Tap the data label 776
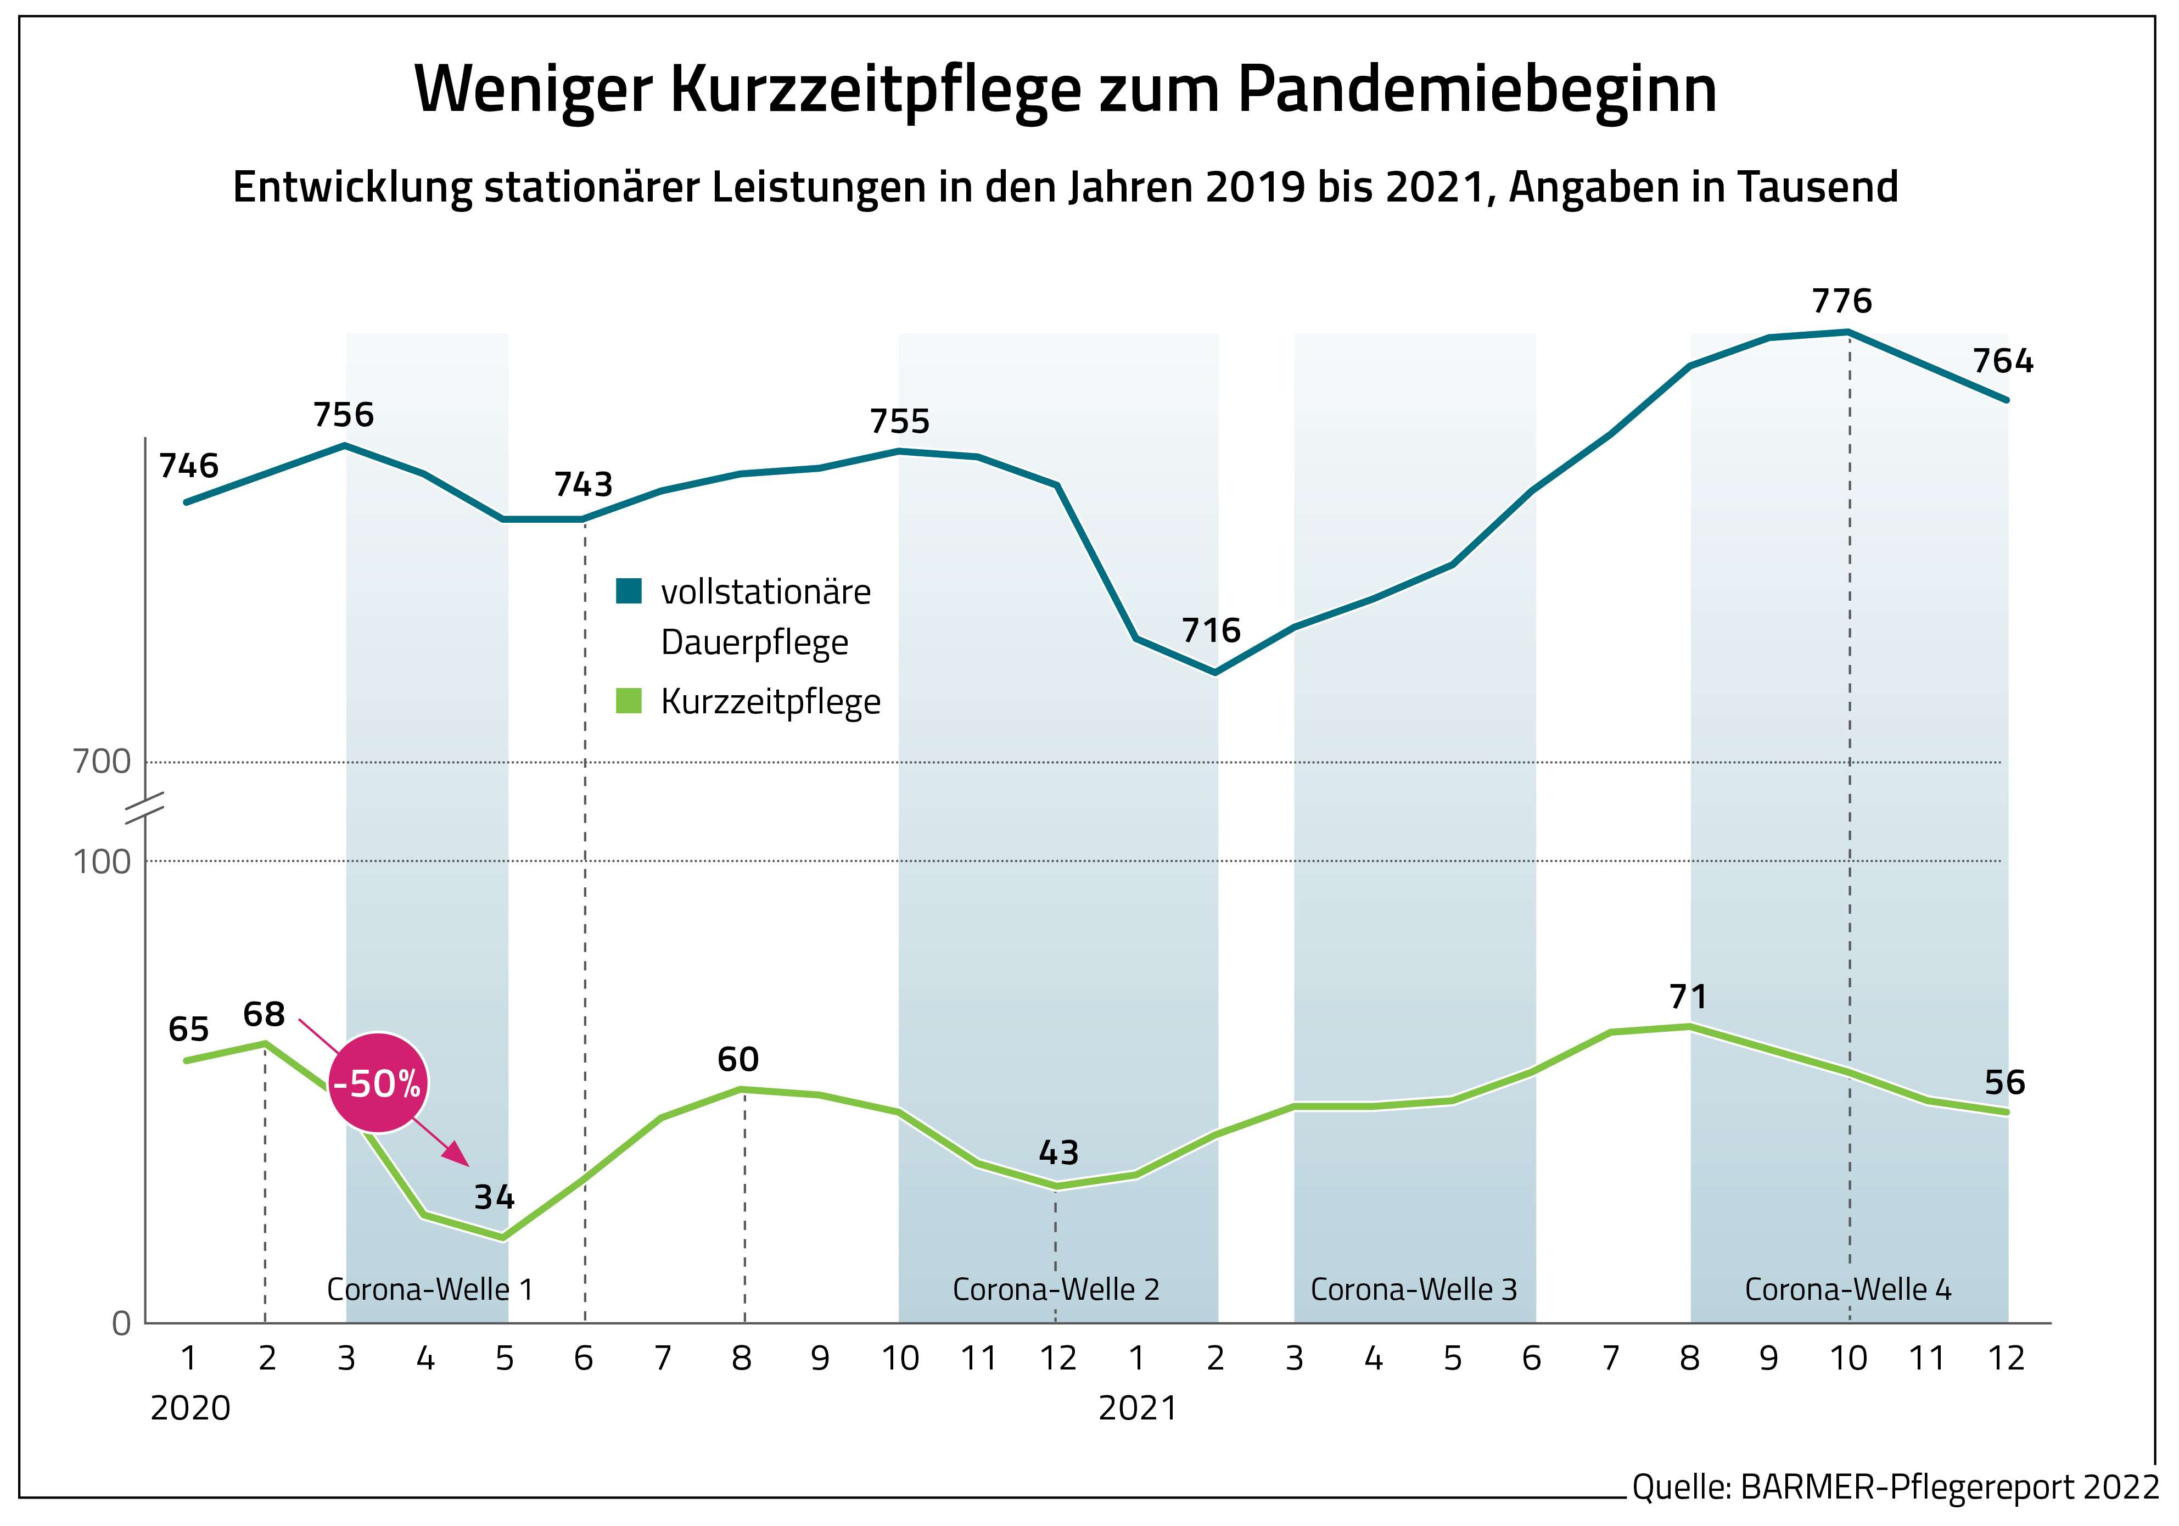pyautogui.click(x=1841, y=302)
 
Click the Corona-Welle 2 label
pyautogui.click(x=1055, y=1290)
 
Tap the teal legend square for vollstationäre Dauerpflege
pyautogui.click(x=628, y=591)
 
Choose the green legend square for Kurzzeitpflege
pyautogui.click(x=628, y=701)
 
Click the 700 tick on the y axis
pyautogui.click(x=102, y=762)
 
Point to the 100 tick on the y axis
pyautogui.click(x=102, y=862)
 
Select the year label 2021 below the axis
pyautogui.click(x=1137, y=1408)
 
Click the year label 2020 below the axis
pyautogui.click(x=190, y=1408)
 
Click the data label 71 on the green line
pyautogui.click(x=1688, y=997)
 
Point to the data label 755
pyautogui.click(x=900, y=421)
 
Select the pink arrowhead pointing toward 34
pyautogui.click(x=457, y=1154)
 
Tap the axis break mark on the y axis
pyautogui.click(x=145, y=808)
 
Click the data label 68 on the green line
pyautogui.click(x=264, y=1014)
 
